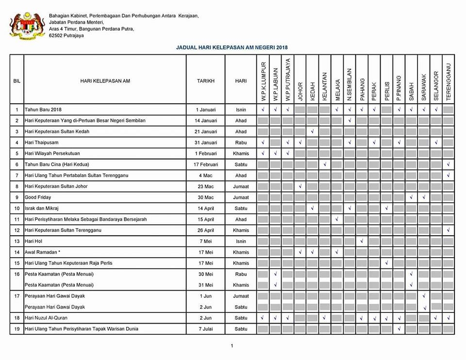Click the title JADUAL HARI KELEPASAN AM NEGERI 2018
232,48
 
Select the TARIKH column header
205,81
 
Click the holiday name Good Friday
38,197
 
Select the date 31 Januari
205,142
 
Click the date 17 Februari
205,164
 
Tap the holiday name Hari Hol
33,241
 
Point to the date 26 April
205,230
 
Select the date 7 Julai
205,329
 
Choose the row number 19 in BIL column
17,329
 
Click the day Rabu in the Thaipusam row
241,142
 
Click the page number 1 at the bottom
232,346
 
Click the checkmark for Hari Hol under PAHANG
362,241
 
